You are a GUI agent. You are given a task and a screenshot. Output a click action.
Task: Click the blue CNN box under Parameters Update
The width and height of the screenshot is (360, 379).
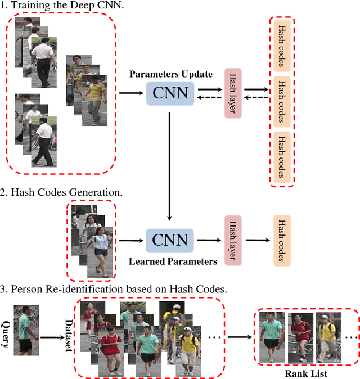(x=170, y=92)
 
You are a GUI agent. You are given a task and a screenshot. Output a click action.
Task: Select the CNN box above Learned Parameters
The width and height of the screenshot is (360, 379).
(x=169, y=240)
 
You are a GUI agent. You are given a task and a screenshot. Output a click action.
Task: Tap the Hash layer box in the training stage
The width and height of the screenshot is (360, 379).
(x=232, y=93)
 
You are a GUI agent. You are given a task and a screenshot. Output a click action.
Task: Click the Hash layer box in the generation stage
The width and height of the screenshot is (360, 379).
(x=232, y=240)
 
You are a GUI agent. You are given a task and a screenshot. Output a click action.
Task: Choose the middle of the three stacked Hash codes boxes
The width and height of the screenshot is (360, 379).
(x=282, y=93)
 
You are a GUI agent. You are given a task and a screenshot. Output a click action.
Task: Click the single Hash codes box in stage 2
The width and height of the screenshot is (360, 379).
(x=282, y=240)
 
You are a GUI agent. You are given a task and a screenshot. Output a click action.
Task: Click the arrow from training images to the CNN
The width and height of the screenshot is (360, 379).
(x=132, y=92)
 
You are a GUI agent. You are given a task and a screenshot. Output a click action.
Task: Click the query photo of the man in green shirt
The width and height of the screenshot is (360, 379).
(x=26, y=330)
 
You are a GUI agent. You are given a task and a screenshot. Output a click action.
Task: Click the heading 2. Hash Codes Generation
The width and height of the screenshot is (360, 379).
(x=62, y=192)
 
